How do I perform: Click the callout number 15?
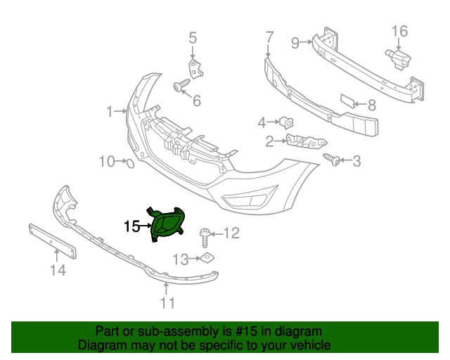coord(131,226)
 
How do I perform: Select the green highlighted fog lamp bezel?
coord(167,224)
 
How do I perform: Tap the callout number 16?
coord(399,31)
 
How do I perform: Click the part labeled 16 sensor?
coord(398,57)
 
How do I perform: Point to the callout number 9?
coord(296,43)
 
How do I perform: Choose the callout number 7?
coord(269,36)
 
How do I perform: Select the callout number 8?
coord(372,105)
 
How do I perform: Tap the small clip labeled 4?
coord(286,123)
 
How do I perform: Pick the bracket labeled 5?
coord(193,69)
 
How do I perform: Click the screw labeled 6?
coord(181,86)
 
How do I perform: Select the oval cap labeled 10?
coord(129,163)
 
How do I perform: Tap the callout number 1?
coord(110,111)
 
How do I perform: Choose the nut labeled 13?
coord(207,259)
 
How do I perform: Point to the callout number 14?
coord(58,270)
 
